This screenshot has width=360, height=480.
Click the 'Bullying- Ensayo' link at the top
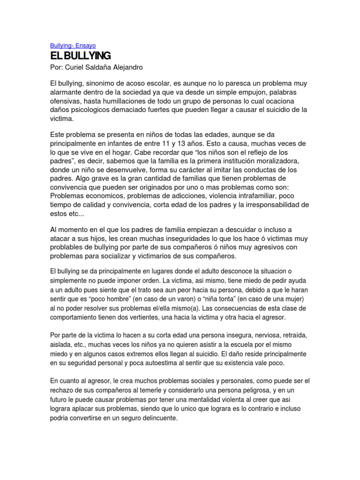[73, 45]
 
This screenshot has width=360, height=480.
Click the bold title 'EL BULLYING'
[80, 56]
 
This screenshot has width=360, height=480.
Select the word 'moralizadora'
[282, 162]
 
